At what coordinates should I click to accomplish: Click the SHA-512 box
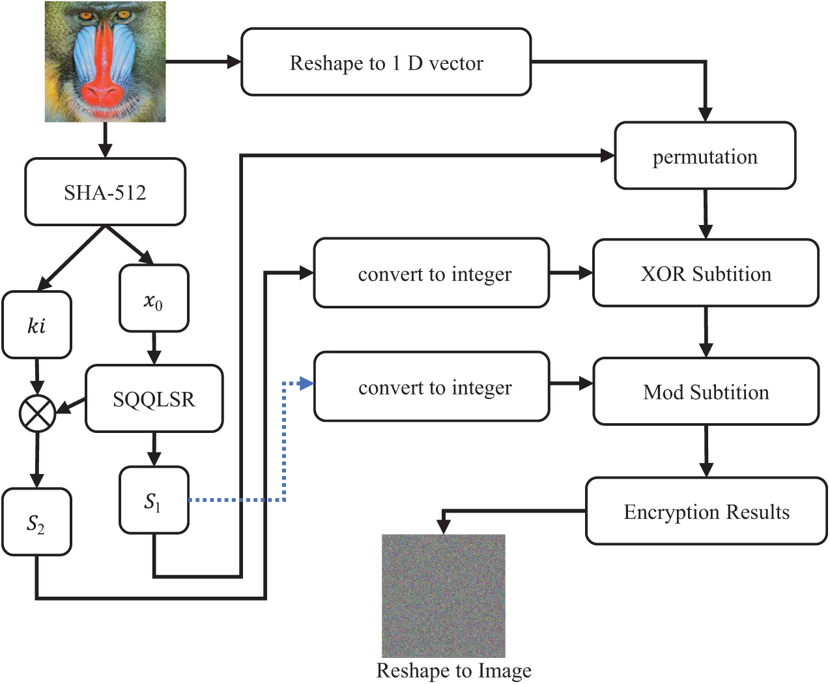tap(105, 192)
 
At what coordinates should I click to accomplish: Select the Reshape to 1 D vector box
tap(386, 63)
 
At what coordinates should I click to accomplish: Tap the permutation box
tap(705, 156)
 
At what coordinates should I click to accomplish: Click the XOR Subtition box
tap(705, 273)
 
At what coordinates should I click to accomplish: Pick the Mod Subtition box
tap(706, 391)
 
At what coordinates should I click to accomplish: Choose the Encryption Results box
tap(706, 511)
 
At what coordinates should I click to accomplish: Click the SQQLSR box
tap(154, 398)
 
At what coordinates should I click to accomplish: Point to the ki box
tap(36, 325)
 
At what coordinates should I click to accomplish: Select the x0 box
tap(154, 299)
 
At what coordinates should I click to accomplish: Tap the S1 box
tap(154, 500)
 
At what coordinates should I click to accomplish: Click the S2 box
tap(36, 522)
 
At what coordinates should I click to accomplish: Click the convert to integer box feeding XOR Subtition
tap(431, 273)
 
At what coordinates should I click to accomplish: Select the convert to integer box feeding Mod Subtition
tap(431, 387)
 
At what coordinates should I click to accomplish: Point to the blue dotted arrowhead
tap(306, 384)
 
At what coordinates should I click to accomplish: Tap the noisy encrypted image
tap(443, 595)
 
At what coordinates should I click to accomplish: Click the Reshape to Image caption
tap(453, 671)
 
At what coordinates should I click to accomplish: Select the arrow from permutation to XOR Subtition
tap(706, 215)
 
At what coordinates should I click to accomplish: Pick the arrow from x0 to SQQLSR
tap(154, 349)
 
